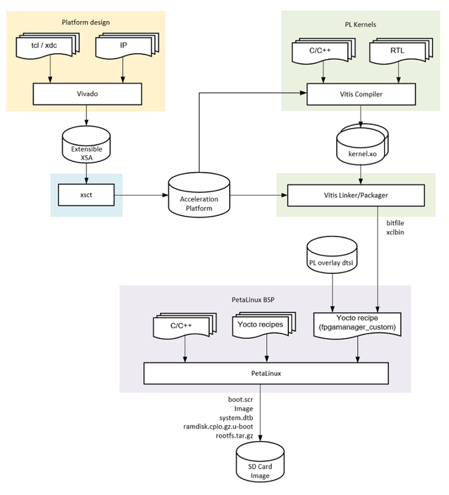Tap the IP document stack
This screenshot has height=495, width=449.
123,46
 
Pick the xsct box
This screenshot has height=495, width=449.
86,195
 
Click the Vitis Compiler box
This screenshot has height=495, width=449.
360,94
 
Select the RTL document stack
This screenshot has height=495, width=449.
397,51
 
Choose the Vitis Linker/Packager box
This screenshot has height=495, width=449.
356,195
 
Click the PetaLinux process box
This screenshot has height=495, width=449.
266,373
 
